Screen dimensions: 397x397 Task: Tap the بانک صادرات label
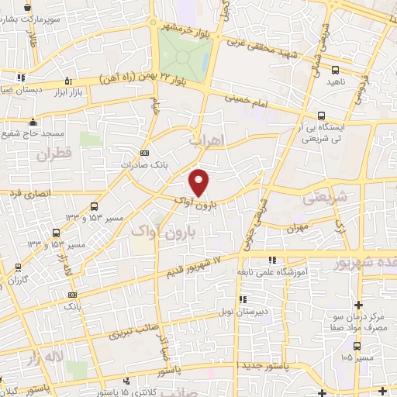(x=140, y=164)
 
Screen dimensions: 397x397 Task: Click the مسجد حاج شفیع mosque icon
(x=33, y=122)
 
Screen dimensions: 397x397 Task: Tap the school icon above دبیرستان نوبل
(x=241, y=299)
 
